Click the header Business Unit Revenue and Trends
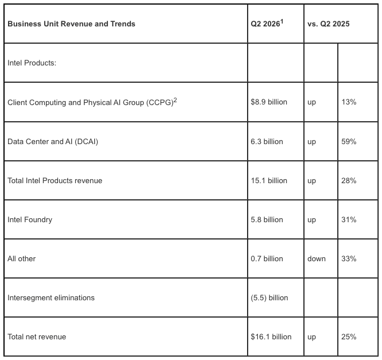point(71,24)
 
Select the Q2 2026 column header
point(267,24)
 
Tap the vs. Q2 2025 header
point(329,24)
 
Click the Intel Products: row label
point(32,63)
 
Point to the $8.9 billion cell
point(269,102)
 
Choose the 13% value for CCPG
point(349,102)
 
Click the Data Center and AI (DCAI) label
point(53,141)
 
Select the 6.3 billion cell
point(267,141)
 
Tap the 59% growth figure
point(349,141)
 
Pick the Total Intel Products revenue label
point(55,180)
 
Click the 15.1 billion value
point(269,180)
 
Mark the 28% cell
point(349,180)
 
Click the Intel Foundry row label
point(30,220)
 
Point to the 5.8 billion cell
point(267,220)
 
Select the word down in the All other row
point(317,258)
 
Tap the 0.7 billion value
point(267,259)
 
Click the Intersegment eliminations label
point(51,298)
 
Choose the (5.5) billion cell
point(269,297)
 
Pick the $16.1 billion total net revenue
point(271,336)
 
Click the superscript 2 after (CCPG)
point(175,100)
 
